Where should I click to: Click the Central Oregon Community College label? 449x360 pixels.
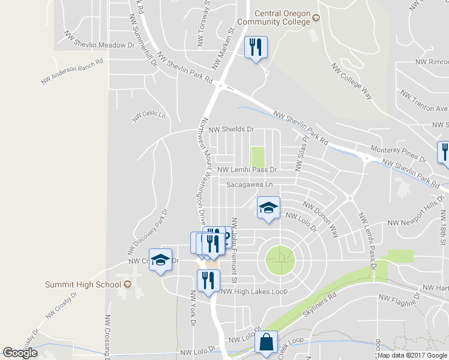274,17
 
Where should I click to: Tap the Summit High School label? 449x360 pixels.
83,283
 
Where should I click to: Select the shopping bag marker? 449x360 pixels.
266,344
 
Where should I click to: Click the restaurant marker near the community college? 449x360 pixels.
256,47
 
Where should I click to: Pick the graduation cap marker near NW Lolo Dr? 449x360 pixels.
268,209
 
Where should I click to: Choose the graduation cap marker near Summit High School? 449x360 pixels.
160,261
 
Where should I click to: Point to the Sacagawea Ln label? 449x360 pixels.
249,185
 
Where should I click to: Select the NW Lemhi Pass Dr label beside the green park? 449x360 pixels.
247,170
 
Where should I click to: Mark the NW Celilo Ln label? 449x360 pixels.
148,115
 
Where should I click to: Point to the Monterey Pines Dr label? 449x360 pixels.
398,153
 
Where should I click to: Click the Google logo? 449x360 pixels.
20,353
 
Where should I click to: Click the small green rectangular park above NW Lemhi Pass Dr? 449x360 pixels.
258,157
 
